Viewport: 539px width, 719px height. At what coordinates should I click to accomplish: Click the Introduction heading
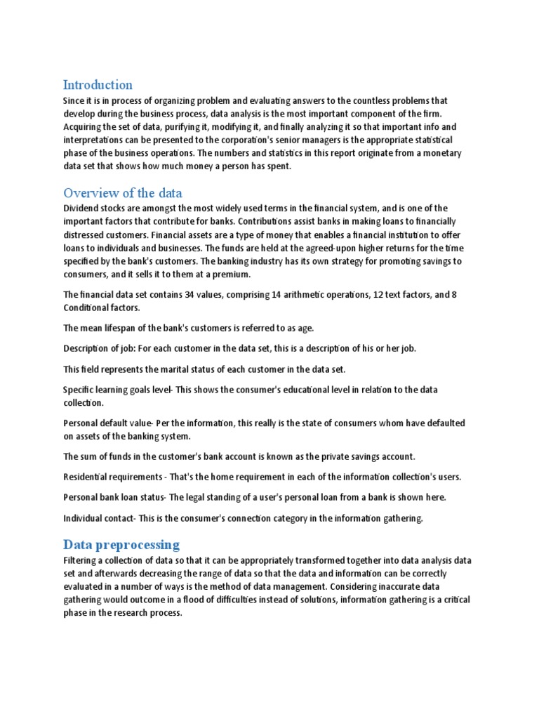98,85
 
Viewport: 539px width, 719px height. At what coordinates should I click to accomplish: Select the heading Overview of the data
123,193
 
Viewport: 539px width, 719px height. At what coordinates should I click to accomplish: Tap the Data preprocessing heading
121,544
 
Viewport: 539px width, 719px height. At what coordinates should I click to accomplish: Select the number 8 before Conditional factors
454,295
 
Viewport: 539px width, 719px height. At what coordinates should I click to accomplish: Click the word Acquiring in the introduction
84,127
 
